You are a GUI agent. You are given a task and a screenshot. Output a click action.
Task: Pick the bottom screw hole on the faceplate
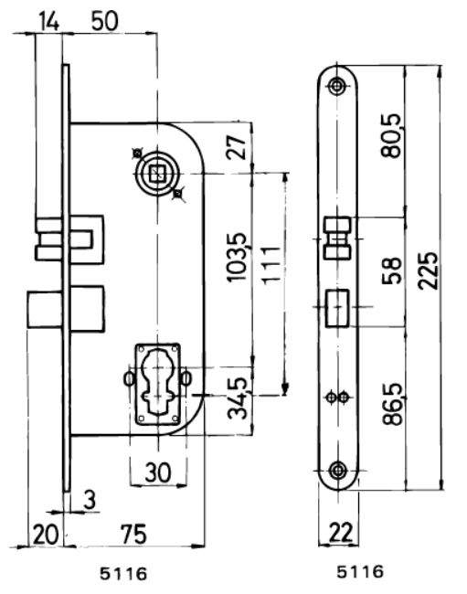point(339,470)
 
